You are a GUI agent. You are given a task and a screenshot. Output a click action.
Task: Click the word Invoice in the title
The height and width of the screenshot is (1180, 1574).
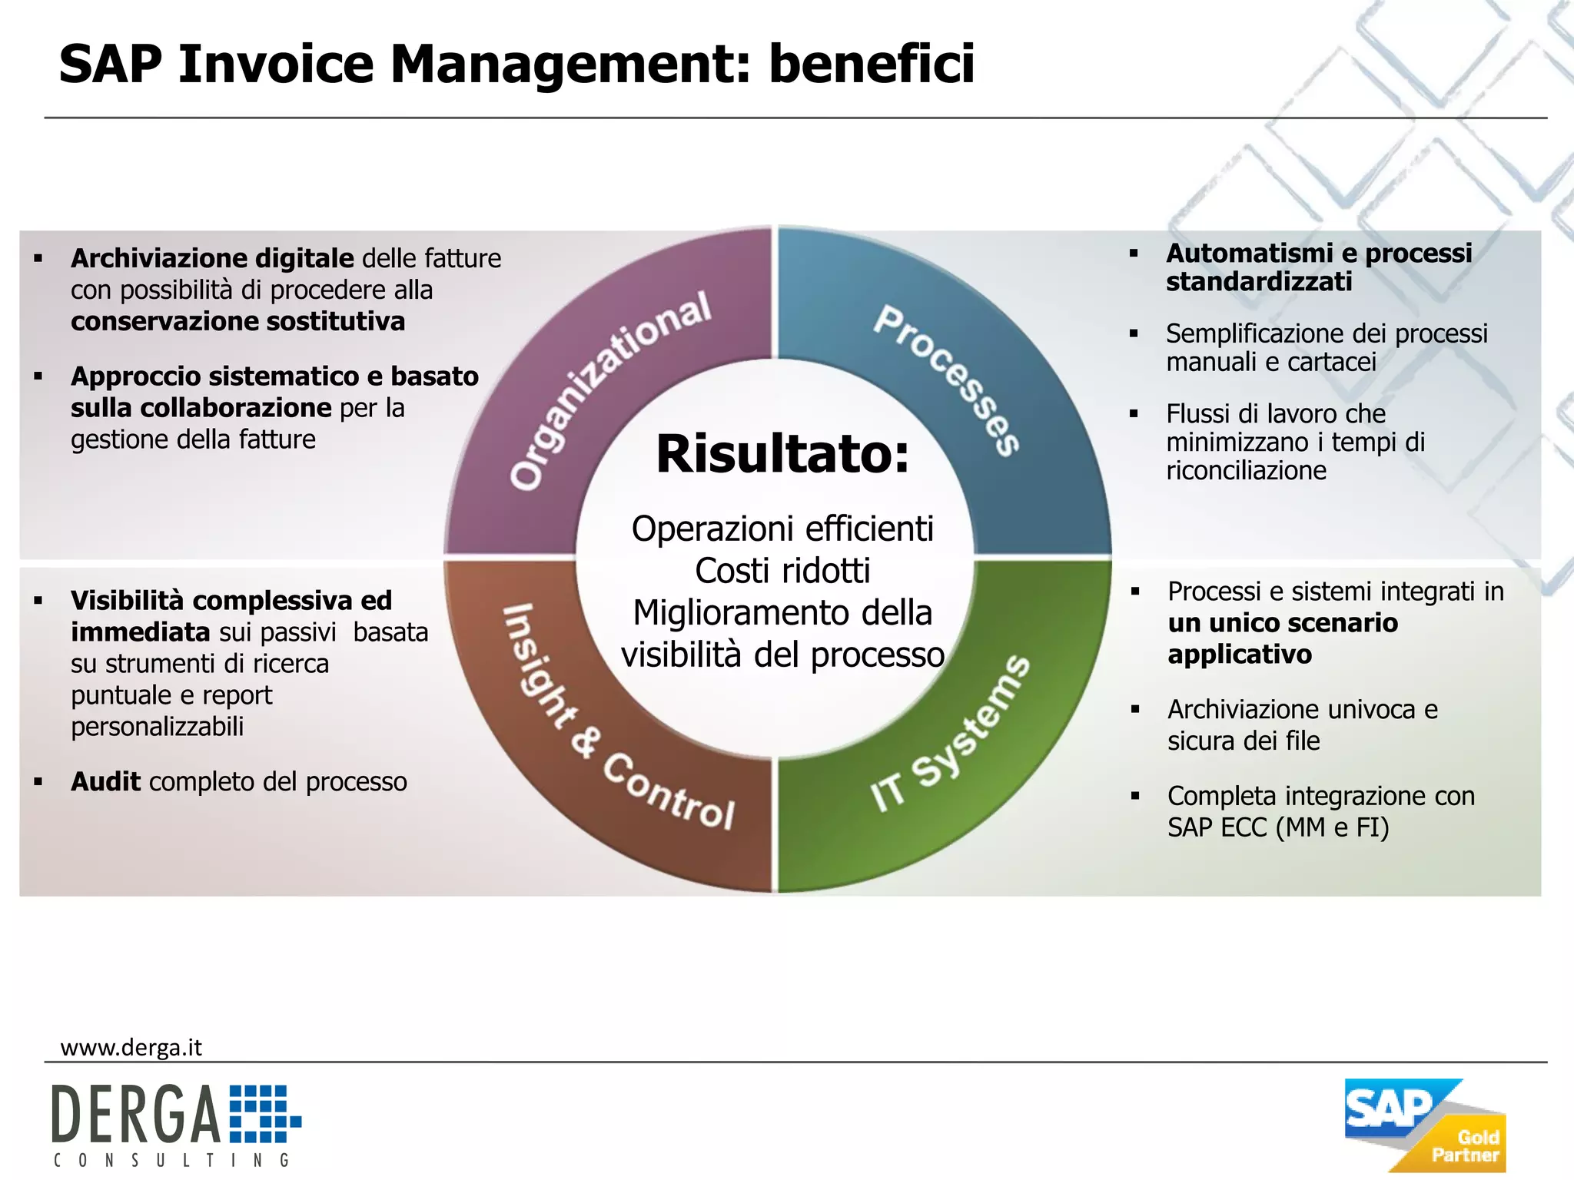coord(276,64)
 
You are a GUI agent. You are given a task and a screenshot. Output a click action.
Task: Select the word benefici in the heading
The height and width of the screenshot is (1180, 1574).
coord(872,64)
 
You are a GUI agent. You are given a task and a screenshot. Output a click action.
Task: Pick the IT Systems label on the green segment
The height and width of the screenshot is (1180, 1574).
coord(950,734)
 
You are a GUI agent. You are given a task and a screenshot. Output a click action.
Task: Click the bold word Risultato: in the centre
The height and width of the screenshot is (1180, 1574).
coord(782,454)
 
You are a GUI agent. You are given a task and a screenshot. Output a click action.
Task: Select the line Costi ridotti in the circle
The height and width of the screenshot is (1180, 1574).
coord(782,571)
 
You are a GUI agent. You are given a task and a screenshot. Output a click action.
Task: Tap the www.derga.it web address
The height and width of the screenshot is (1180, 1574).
coord(131,1048)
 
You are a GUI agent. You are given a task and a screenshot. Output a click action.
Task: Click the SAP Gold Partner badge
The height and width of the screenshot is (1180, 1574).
coord(1424,1125)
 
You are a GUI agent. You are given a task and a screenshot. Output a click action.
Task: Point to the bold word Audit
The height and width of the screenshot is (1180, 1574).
coord(105,782)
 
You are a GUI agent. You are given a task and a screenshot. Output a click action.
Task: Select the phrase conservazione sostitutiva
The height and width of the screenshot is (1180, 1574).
coord(237,321)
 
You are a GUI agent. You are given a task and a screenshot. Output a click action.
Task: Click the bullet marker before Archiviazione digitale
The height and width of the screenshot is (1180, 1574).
coord(38,259)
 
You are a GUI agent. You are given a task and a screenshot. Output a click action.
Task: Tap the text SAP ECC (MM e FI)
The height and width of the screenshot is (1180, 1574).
coord(1277,827)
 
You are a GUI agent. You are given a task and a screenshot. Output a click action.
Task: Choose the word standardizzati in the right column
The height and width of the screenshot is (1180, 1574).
coord(1258,282)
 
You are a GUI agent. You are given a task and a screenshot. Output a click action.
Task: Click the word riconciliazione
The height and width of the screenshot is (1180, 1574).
coord(1246,470)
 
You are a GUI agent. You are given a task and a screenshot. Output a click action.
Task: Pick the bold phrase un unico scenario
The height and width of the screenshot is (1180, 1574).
coord(1282,623)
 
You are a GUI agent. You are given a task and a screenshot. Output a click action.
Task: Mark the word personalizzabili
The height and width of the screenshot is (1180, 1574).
coord(157,727)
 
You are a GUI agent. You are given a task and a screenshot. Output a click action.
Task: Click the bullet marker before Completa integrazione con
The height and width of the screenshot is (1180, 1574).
coord(1134,797)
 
